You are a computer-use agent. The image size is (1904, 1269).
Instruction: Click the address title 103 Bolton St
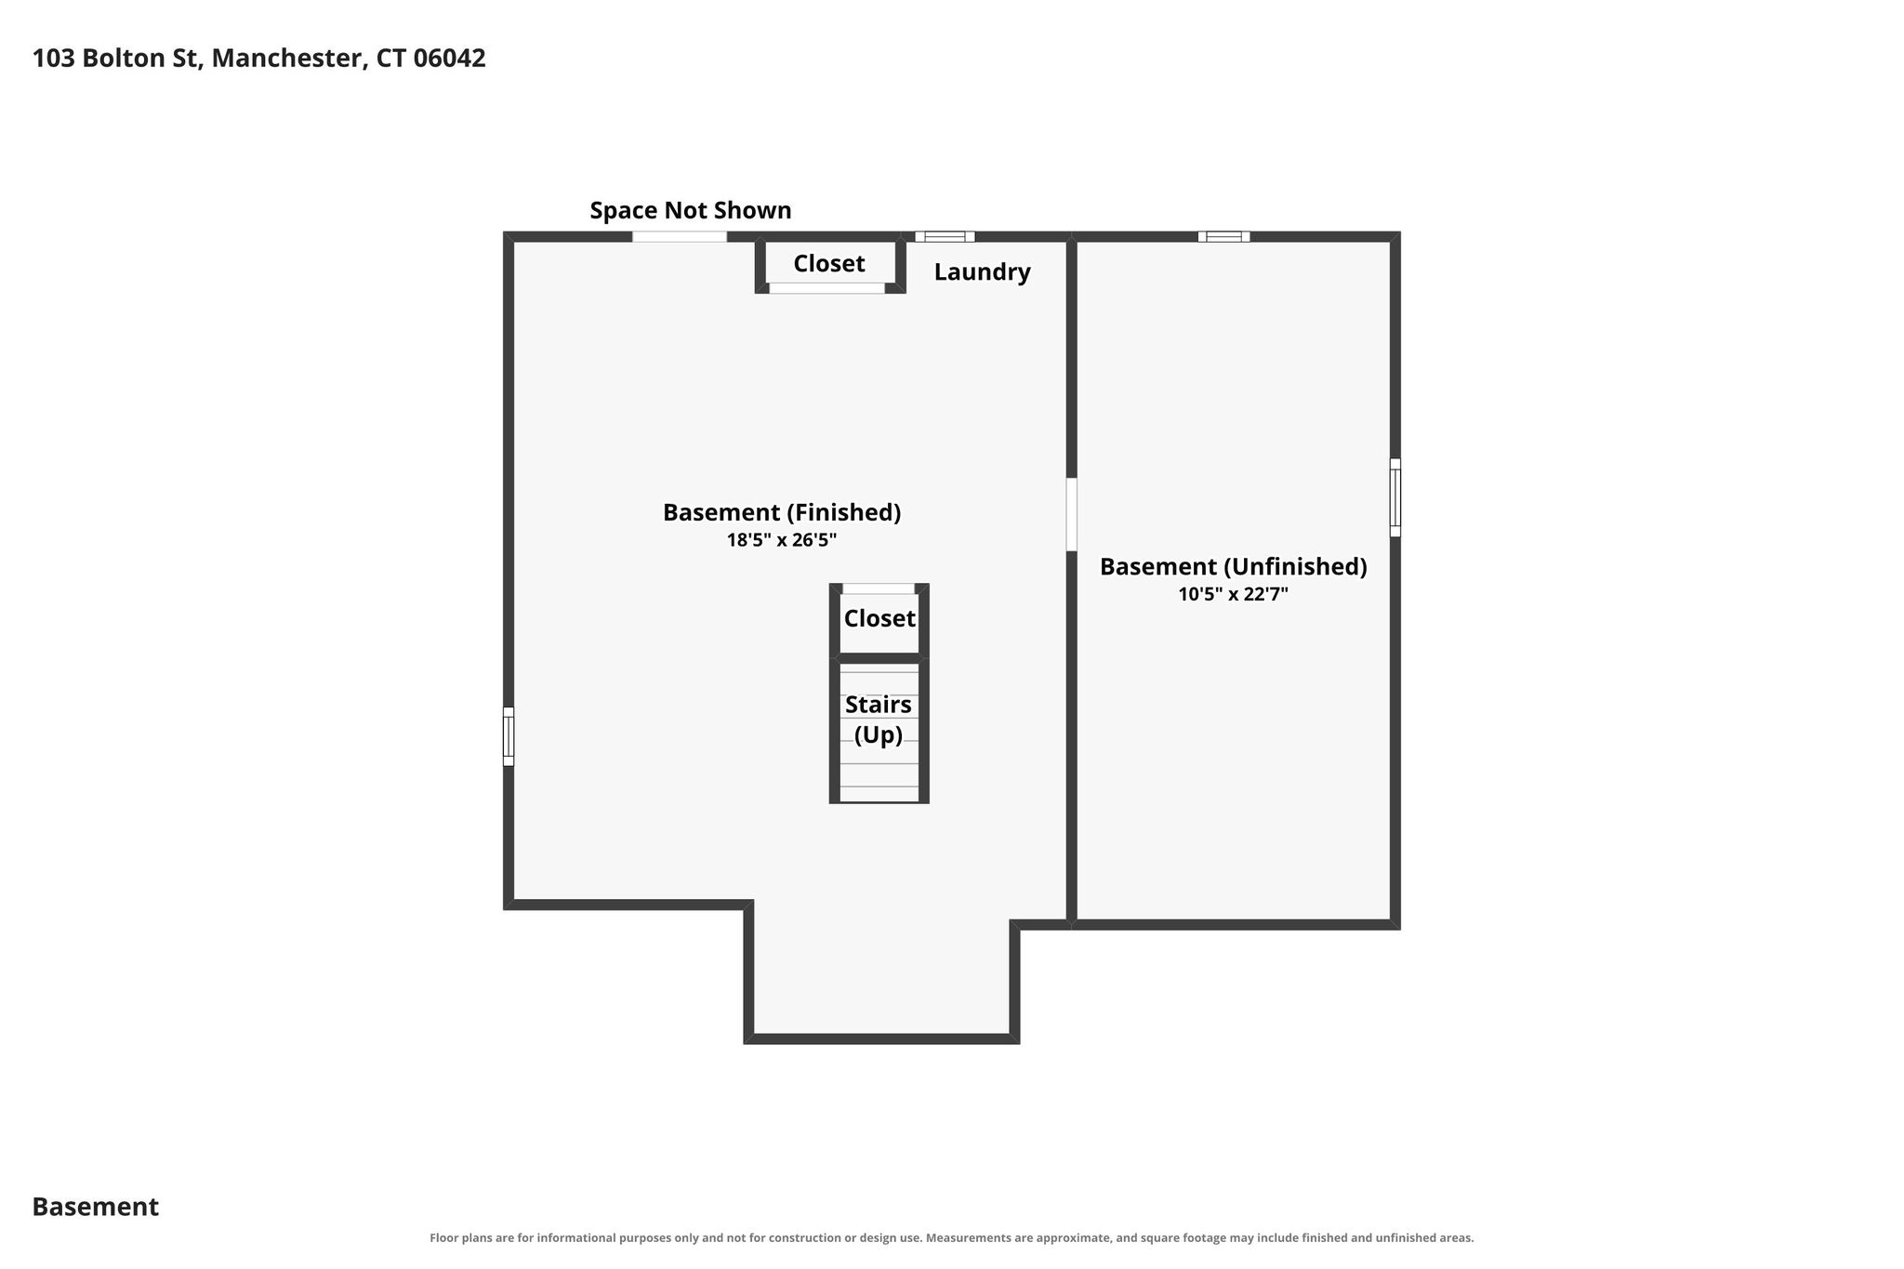pos(258,59)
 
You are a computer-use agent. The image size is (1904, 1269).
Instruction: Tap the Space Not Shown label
pos(691,210)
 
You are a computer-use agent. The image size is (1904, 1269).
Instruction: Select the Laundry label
pos(982,272)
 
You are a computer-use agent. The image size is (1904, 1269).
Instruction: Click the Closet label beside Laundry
pos(829,263)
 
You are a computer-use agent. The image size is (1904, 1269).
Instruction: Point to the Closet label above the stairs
pos(879,618)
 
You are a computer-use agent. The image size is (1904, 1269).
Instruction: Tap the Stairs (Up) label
pos(879,720)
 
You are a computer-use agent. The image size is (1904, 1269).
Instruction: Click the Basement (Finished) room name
pos(782,512)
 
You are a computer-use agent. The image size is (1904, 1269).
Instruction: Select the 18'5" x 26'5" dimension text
pos(782,540)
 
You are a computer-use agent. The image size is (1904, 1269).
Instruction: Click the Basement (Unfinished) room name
pos(1234,566)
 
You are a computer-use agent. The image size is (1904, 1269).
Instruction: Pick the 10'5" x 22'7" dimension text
pos(1234,594)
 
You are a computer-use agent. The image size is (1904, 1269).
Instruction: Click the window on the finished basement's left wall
pos(509,736)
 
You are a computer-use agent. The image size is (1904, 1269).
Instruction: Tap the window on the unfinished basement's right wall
pos(1395,497)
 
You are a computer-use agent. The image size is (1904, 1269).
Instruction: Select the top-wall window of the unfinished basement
pos(1223,236)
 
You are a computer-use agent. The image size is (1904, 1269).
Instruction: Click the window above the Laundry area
pos(945,236)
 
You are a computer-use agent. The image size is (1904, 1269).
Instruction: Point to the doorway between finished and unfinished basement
pos(1071,514)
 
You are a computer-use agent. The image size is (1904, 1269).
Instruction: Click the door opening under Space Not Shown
pos(680,236)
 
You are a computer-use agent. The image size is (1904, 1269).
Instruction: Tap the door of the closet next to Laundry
pos(826,288)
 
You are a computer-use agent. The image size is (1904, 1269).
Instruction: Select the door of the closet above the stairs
pos(879,588)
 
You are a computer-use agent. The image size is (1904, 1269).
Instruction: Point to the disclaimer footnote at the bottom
pos(952,1237)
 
